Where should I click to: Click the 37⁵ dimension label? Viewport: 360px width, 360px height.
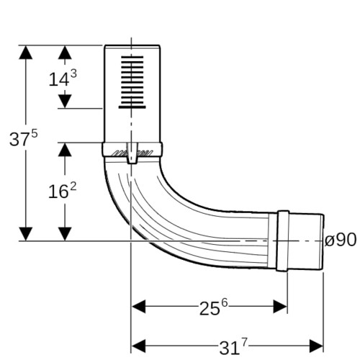24,138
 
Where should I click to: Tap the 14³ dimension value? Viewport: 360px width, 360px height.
63,78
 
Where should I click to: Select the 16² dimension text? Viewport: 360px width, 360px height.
63,190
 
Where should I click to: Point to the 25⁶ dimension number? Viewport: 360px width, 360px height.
213,307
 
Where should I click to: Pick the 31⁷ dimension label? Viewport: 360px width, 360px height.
233,346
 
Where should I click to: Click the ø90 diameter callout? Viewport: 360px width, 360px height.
340,240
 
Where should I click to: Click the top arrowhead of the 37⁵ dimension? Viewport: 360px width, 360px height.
26,52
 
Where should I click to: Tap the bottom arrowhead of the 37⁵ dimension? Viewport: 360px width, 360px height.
26,234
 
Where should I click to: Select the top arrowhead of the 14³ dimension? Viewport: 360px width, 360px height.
65,52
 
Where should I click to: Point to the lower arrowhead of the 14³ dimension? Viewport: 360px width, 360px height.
65,102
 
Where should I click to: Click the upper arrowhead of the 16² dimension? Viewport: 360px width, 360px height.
65,150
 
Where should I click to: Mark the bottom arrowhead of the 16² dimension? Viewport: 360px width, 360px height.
65,234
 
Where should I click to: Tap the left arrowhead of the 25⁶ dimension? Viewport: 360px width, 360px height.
139,307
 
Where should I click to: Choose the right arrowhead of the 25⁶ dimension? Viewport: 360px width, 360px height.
280,307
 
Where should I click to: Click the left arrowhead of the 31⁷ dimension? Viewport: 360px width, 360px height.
139,346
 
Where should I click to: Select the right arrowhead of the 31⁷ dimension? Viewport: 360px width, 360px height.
316,346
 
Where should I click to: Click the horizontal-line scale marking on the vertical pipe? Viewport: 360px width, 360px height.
132,82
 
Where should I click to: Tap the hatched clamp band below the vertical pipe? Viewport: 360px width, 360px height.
132,150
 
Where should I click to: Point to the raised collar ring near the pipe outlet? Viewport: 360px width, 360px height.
283,240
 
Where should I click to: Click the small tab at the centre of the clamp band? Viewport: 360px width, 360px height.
132,153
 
